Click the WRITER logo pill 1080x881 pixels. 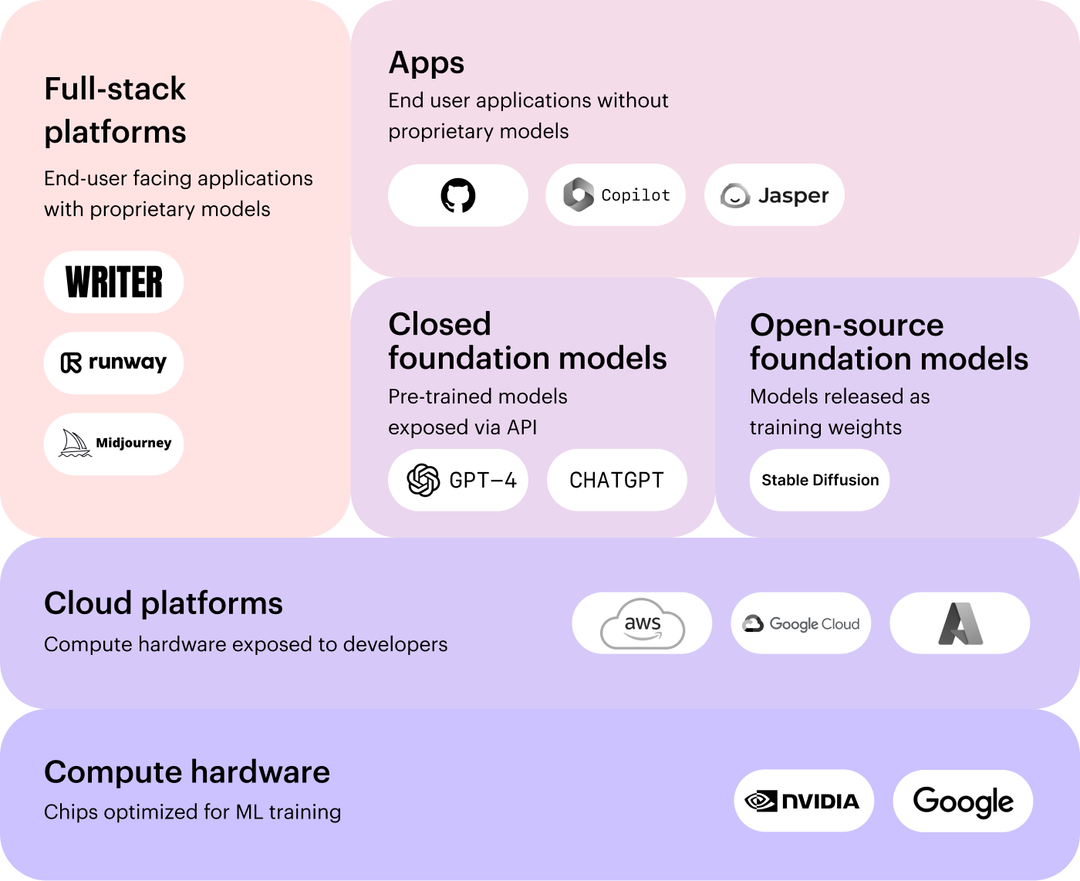click(114, 282)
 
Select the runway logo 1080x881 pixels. click(114, 363)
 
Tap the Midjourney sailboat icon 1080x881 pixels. click(75, 443)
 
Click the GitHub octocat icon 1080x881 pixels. click(458, 195)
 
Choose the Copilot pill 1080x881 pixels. click(616, 195)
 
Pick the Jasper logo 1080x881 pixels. click(775, 195)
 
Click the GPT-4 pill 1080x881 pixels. click(458, 480)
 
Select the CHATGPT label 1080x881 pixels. click(616, 480)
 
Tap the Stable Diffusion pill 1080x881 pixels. click(820, 480)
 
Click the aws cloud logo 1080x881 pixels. click(643, 623)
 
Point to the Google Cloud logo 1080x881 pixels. click(801, 623)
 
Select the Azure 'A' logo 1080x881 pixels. click(960, 623)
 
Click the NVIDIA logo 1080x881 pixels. click(803, 801)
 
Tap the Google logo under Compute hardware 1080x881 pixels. click(963, 802)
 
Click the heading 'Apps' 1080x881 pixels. click(427, 62)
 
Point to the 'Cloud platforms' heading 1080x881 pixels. click(164, 603)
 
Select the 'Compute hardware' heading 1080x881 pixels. click(187, 771)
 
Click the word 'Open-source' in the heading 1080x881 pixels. click(846, 325)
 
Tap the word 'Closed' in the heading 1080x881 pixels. click(440, 324)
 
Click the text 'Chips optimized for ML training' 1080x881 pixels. click(193, 812)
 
